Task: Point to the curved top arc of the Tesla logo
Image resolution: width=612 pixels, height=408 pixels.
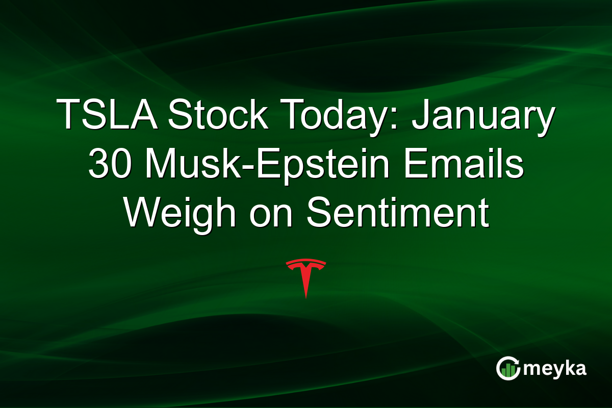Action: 306,262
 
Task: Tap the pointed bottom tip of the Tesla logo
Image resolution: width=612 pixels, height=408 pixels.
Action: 306,296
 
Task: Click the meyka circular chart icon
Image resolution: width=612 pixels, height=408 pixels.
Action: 508,369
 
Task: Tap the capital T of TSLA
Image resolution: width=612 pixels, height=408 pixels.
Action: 68,115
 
